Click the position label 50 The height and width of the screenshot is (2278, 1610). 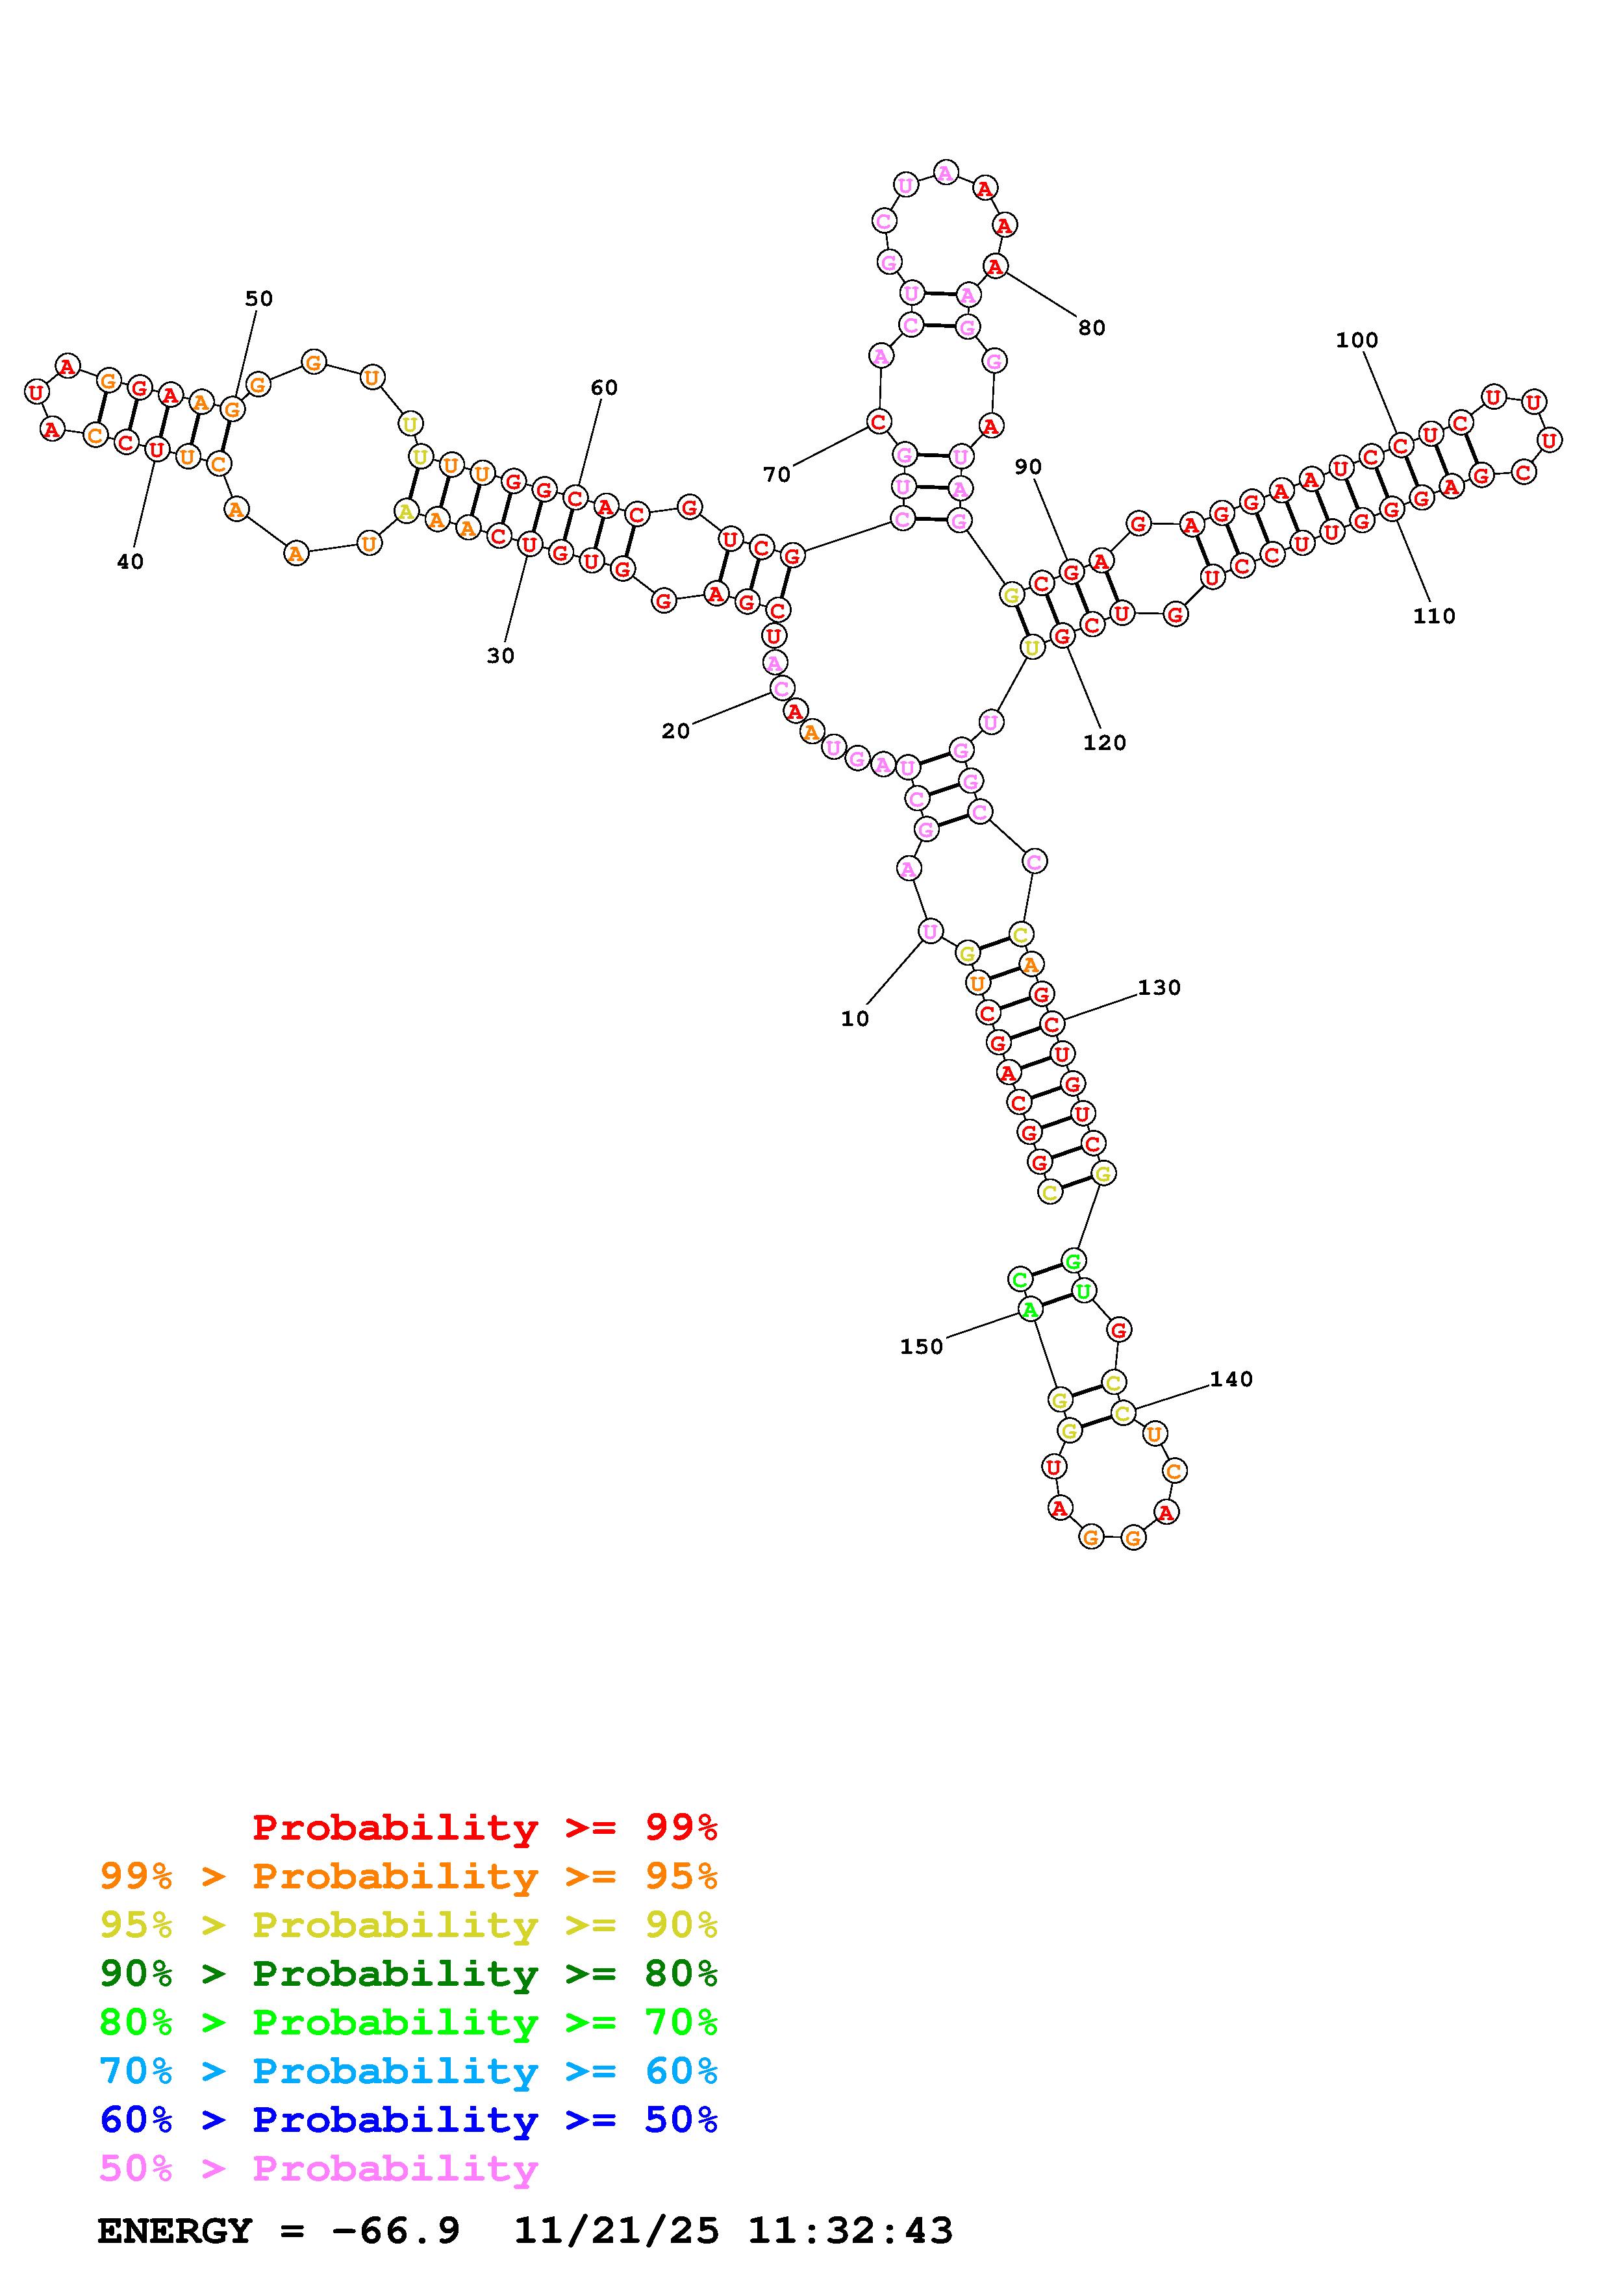[259, 299]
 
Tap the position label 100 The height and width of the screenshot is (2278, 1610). [1357, 340]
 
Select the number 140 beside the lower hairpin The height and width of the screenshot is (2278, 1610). [1231, 1379]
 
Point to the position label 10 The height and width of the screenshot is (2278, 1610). [855, 1019]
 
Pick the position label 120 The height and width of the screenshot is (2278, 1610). [1105, 743]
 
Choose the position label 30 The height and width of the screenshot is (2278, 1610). [501, 656]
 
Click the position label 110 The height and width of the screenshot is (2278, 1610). [1435, 616]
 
